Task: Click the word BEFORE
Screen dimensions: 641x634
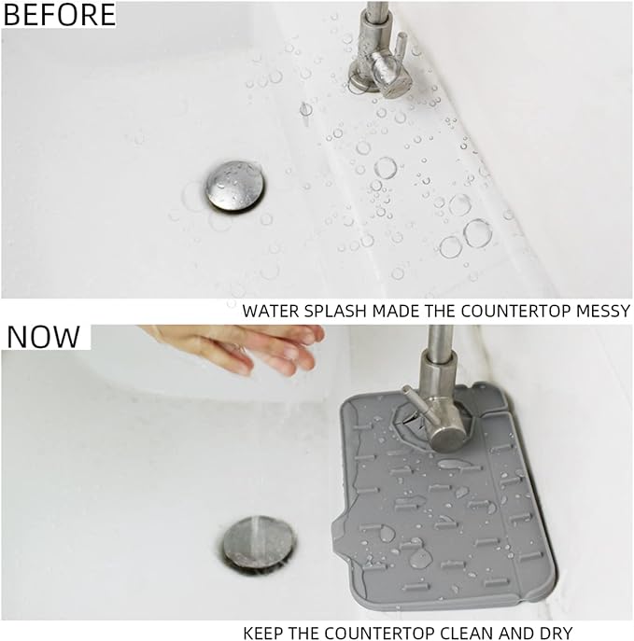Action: click(x=60, y=14)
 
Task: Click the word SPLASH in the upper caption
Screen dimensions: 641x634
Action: click(x=331, y=311)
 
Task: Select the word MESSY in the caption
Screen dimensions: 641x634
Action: click(x=602, y=311)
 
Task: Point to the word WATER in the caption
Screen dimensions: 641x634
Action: click(x=271, y=311)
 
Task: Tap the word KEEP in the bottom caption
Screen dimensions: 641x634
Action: click(x=264, y=633)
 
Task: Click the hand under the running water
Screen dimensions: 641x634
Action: click(x=247, y=346)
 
